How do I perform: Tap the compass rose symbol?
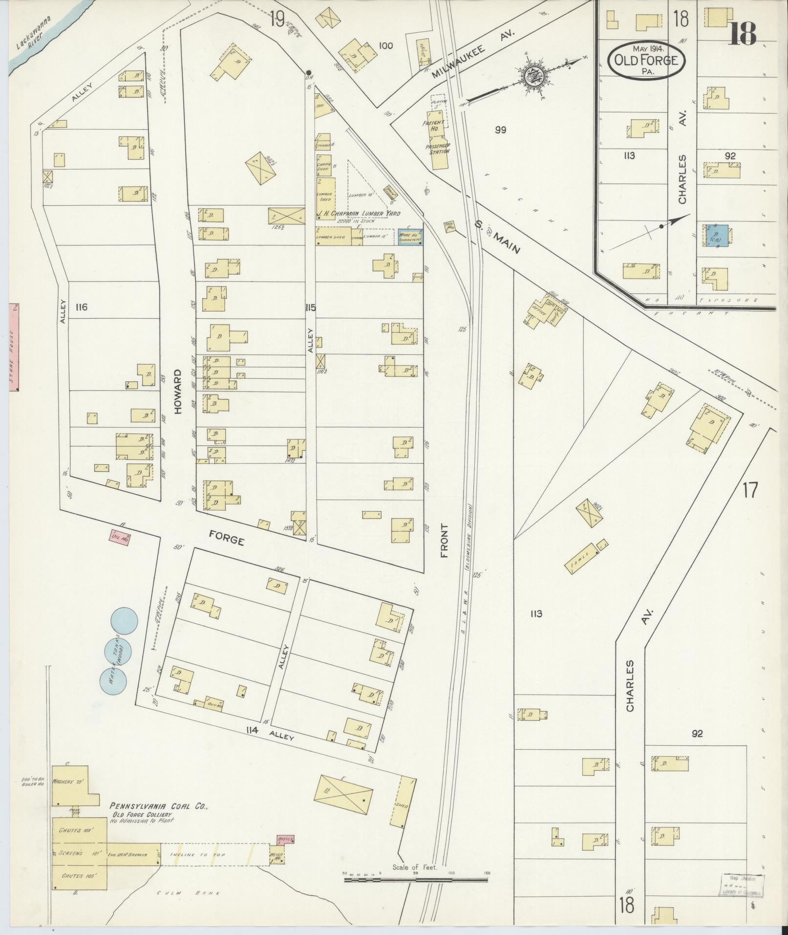tap(533, 76)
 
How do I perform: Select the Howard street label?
tap(178, 392)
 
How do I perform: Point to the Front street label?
tap(444, 541)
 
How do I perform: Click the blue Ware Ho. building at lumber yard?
tap(410, 238)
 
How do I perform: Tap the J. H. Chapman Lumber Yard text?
tap(359, 214)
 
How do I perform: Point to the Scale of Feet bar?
tap(415, 879)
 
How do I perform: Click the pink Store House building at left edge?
tap(14, 347)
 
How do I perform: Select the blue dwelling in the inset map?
tap(717, 236)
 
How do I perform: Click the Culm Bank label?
tap(188, 893)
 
